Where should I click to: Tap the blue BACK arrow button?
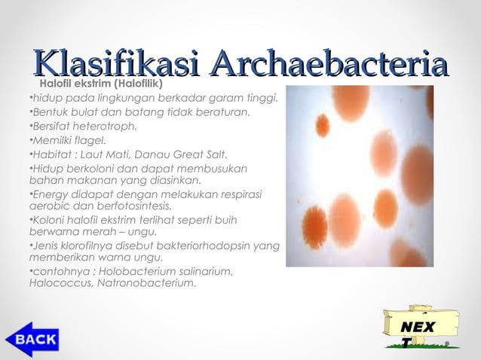32,339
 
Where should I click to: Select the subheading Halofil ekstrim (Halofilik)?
100,83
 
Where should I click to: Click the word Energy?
47,194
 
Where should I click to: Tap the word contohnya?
55,271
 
